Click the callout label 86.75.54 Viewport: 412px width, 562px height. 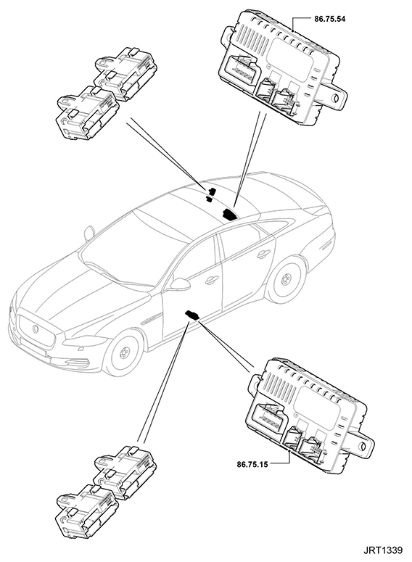[329, 19]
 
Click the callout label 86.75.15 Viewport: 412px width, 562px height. [252, 465]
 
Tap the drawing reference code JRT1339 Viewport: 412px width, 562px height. [383, 550]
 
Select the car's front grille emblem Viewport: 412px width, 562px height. [36, 328]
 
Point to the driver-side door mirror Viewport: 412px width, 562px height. [180, 283]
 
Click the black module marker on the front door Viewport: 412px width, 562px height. [191, 315]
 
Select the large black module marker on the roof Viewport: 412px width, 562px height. [229, 214]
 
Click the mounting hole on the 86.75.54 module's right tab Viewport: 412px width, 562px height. [337, 98]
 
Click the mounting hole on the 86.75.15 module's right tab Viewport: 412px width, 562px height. [363, 446]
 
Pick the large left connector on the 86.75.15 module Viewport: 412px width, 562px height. [268, 417]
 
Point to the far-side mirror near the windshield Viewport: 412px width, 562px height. [89, 233]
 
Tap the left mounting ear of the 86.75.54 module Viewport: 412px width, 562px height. [228, 34]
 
